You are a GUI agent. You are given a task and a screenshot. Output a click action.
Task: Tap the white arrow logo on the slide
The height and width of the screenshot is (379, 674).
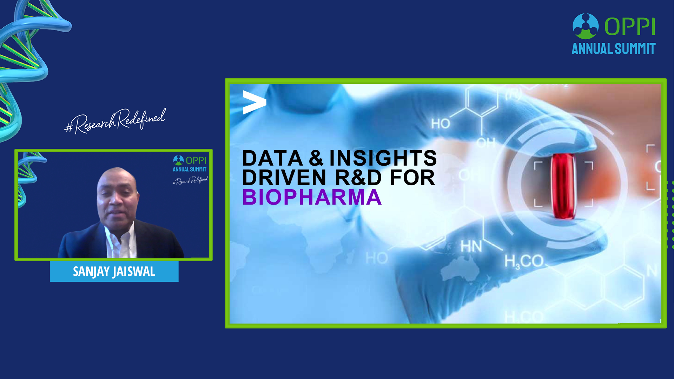coord(255,102)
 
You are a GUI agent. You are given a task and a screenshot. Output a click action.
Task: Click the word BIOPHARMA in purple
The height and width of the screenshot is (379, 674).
coord(312,197)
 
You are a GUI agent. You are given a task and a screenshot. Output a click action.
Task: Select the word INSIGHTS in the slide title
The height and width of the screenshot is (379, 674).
coord(383,158)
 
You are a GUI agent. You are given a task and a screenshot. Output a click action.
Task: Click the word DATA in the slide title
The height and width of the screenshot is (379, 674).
coord(272,158)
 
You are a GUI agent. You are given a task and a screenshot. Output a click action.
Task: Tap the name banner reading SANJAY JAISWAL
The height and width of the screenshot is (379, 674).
coord(114,271)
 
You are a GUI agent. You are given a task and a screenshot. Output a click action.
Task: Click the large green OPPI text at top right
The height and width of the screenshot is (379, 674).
coord(630,27)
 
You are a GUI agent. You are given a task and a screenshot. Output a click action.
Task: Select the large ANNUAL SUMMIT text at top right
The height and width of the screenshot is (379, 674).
coord(614,48)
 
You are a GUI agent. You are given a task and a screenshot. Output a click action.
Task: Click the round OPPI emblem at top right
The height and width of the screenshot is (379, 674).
coord(586,26)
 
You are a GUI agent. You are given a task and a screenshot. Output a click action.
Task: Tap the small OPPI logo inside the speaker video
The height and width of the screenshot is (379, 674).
coord(190,164)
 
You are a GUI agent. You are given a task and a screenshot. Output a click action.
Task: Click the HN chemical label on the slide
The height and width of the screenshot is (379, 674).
coord(471,247)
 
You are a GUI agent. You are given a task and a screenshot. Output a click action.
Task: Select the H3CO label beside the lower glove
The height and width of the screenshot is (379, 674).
coord(524,261)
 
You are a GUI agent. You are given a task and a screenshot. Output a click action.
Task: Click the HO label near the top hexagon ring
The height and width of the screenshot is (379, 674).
coord(441,124)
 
